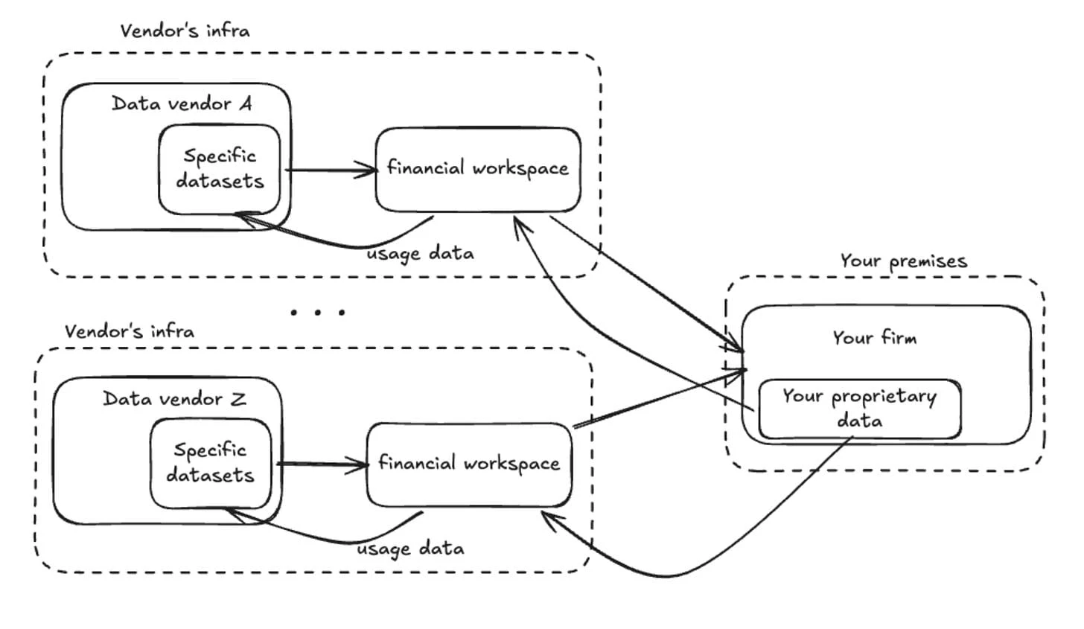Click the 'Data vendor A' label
pyautogui.click(x=182, y=103)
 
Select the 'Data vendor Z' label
pyautogui.click(x=174, y=399)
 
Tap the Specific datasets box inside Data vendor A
pyautogui.click(x=220, y=168)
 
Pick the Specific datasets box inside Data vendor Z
pyautogui.click(x=210, y=462)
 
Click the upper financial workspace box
pyautogui.click(x=477, y=168)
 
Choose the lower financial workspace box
pyautogui.click(x=468, y=464)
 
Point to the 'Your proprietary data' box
pyautogui.click(x=859, y=408)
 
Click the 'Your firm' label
pyautogui.click(x=874, y=338)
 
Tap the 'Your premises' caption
pyautogui.click(x=903, y=261)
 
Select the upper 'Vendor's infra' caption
pyautogui.click(x=185, y=31)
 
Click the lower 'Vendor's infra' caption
pyautogui.click(x=129, y=331)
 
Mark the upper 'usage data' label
pyautogui.click(x=420, y=254)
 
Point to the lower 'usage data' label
pyautogui.click(x=410, y=549)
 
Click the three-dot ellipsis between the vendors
pyautogui.click(x=318, y=312)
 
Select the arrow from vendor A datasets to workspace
pyautogui.click(x=331, y=170)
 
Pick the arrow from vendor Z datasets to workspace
pyautogui.click(x=322, y=465)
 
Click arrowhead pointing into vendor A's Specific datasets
pyautogui.click(x=243, y=217)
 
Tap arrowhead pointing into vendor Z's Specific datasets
pyautogui.click(x=232, y=512)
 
